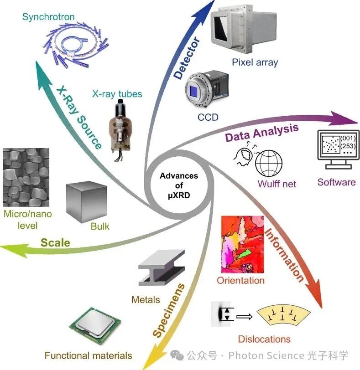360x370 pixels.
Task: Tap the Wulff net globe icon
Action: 270,163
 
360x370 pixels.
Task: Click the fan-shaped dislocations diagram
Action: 283,316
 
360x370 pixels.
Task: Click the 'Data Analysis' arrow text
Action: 262,133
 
